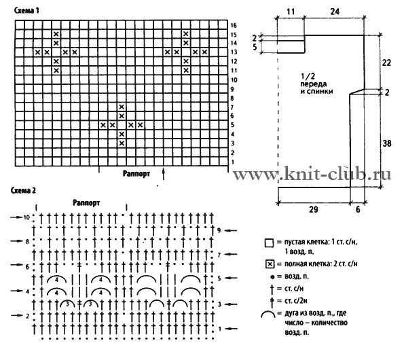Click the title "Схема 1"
(26, 11)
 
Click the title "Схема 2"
(23, 190)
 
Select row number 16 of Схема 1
(234, 25)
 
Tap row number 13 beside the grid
(234, 52)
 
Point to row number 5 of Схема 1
(232, 125)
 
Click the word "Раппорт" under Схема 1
(136, 173)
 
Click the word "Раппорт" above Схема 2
(86, 202)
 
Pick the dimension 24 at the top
(335, 12)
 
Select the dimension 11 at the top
(291, 12)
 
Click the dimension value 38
(387, 143)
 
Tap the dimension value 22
(386, 62)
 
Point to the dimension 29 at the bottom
(313, 209)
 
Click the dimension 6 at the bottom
(358, 209)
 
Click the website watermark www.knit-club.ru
(312, 174)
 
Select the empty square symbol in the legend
(270, 243)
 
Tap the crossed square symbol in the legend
(270, 264)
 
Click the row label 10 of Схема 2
(26, 217)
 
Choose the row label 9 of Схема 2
(219, 230)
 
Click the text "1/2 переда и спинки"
(316, 84)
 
